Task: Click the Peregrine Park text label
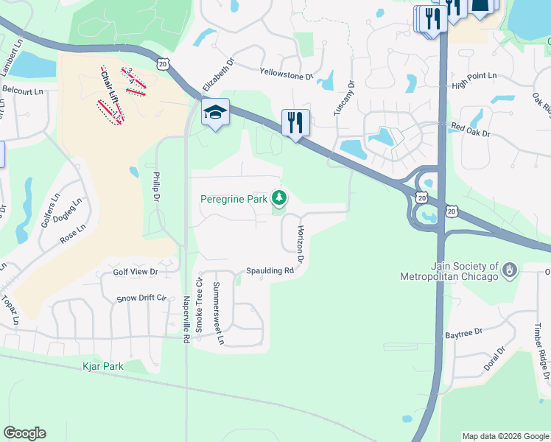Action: [x=234, y=199]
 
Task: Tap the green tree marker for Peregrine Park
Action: [x=279, y=197]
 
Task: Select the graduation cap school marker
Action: [x=215, y=113]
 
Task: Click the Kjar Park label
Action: [x=103, y=365]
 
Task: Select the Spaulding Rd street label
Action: [x=270, y=270]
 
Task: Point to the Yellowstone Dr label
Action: [x=287, y=74]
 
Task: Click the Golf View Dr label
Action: [x=136, y=272]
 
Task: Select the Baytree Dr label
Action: [x=463, y=334]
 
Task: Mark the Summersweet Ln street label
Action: [x=217, y=313]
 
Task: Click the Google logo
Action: [x=24, y=433]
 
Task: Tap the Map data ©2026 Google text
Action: [x=505, y=436]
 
